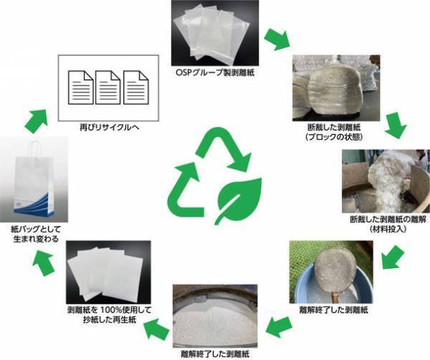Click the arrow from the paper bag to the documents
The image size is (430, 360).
(32, 118)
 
